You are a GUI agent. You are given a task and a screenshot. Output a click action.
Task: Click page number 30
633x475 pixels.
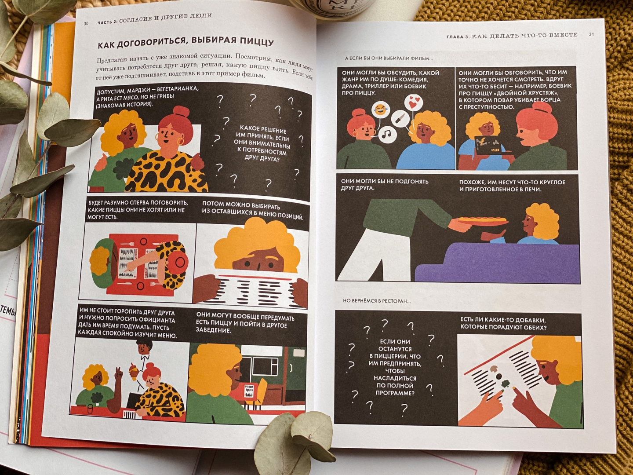click(x=86, y=24)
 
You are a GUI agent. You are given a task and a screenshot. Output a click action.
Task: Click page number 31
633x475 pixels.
click(x=592, y=34)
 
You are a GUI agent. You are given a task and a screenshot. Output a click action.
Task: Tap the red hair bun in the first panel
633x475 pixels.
click(x=178, y=112)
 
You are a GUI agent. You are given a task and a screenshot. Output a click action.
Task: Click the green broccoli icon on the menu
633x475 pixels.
click(x=505, y=384)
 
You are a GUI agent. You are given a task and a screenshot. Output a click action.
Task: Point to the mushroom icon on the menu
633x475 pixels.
click(x=494, y=369)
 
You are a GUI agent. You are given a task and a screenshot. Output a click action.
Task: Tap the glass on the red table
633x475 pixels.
click(x=90, y=409)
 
